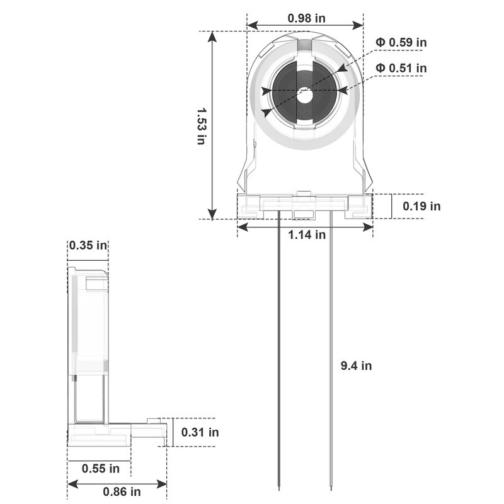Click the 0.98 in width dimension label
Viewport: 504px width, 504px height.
(x=306, y=18)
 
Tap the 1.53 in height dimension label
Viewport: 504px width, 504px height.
(x=202, y=126)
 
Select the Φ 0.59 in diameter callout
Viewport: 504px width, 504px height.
(x=401, y=42)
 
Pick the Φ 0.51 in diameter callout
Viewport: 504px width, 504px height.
(x=401, y=68)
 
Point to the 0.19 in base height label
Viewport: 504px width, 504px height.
(x=421, y=206)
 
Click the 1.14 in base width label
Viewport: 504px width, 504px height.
(x=307, y=234)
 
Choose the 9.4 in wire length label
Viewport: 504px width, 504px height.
(x=356, y=366)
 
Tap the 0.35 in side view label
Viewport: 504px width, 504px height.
(x=88, y=246)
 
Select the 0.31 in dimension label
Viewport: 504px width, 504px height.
(x=200, y=432)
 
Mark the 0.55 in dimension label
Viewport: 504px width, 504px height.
(x=101, y=469)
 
